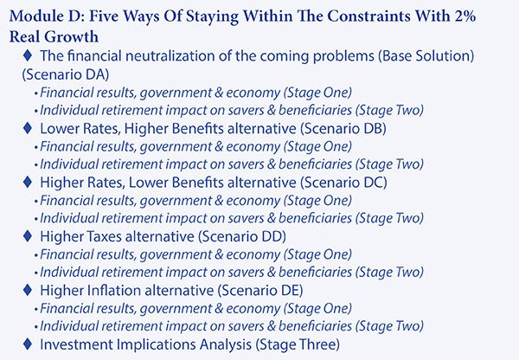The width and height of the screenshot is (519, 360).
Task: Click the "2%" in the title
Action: coord(465,16)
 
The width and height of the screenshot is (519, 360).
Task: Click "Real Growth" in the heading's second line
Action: coord(54,36)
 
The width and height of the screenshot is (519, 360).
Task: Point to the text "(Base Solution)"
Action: coord(426,56)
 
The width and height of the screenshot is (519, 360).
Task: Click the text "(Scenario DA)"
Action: coord(66,74)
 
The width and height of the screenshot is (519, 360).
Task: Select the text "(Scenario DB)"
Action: coord(343,128)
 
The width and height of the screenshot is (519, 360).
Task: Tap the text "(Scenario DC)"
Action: coord(343,183)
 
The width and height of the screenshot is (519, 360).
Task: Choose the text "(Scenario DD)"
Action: coord(242,236)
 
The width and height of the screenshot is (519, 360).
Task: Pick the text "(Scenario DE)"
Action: coord(260,291)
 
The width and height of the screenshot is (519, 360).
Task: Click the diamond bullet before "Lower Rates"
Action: coord(28,128)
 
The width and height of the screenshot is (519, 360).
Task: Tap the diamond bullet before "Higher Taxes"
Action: coord(28,235)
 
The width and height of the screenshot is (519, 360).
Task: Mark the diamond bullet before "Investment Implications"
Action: coord(28,344)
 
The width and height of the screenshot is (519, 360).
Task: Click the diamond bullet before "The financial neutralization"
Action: coord(28,55)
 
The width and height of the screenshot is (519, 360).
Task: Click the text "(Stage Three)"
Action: coord(298,344)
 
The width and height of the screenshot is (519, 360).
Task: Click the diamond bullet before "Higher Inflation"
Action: coord(28,290)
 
